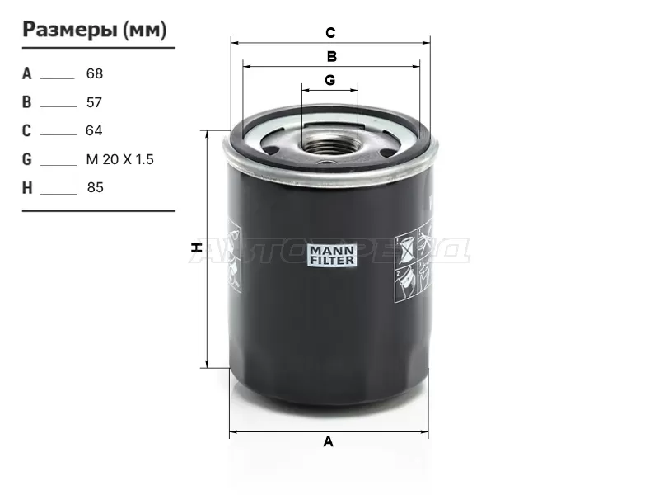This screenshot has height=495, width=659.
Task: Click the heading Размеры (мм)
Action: (95, 30)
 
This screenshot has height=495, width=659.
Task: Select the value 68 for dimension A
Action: (95, 73)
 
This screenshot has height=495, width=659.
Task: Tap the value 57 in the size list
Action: (94, 102)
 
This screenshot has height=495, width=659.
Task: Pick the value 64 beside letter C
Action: (94, 130)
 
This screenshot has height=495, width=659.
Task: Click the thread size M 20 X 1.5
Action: (119, 159)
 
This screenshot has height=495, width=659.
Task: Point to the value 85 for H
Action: (96, 187)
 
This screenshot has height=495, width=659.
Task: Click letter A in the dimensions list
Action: (27, 73)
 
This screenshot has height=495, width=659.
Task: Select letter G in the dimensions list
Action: (27, 159)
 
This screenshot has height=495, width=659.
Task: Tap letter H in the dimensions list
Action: (27, 188)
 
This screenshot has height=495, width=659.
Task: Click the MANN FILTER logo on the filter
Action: (332, 256)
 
